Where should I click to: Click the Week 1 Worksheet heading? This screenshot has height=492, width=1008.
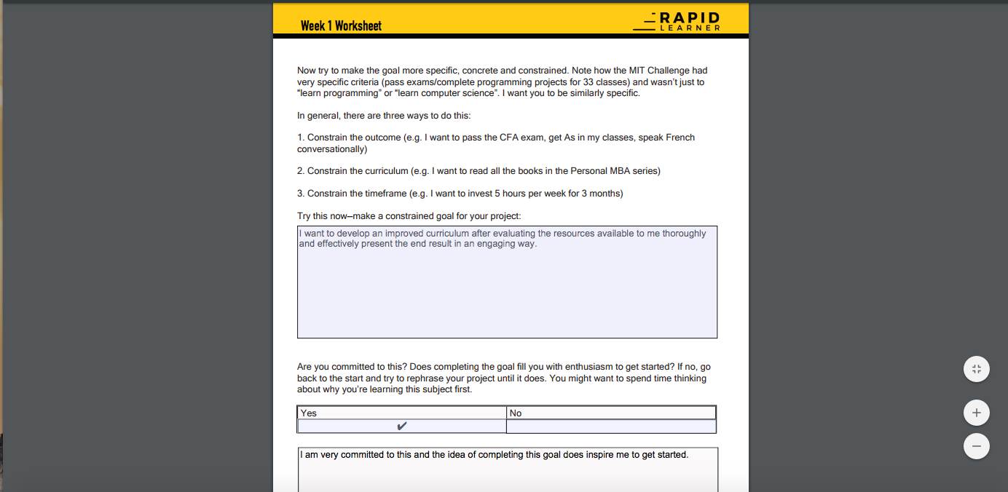341,25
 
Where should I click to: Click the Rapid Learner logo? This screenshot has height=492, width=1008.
677,22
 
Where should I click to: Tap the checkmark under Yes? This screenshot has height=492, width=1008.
401,426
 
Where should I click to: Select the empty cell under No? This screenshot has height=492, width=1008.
611,426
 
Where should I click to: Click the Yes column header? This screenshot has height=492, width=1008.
309,413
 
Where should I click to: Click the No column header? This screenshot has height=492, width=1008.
516,413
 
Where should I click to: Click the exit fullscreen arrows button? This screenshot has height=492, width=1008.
976,369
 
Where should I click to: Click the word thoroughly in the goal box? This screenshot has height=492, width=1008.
684,234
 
